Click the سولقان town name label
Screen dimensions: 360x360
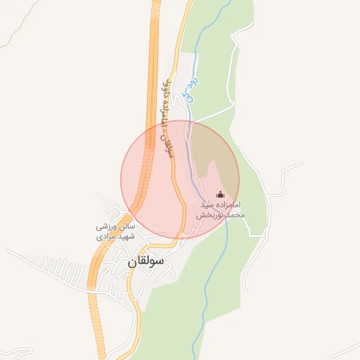(x=146, y=260)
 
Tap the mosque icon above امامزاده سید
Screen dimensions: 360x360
(x=220, y=194)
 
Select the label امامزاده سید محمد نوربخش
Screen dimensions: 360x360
(x=221, y=208)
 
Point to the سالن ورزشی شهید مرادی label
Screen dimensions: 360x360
(x=115, y=233)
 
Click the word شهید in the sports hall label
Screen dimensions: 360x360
(x=124, y=238)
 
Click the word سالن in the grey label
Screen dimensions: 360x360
(x=125, y=228)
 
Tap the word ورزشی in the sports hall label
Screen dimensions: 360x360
(x=107, y=228)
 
